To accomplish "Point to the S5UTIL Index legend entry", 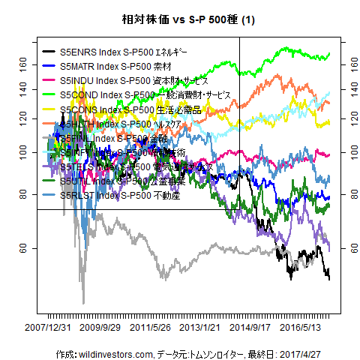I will [x=123, y=181].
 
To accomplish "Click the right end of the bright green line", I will [x=329, y=54].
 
